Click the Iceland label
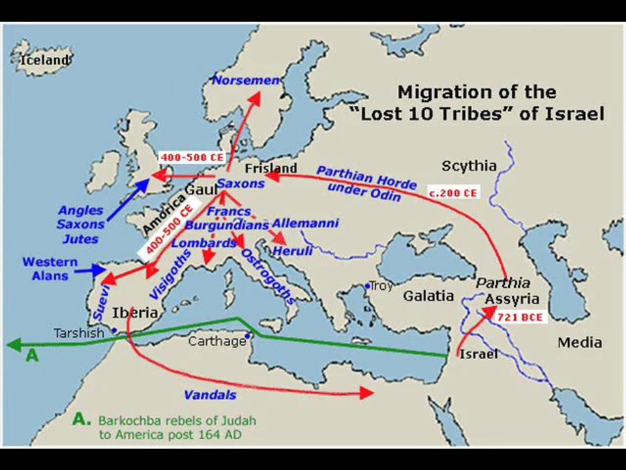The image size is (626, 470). (44, 60)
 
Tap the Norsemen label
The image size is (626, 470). (246, 80)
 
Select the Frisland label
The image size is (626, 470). (271, 168)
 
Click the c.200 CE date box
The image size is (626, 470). (453, 193)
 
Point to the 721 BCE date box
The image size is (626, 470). (520, 317)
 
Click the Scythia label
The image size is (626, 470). (469, 166)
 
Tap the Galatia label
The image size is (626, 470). (428, 296)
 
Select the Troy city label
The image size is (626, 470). (381, 286)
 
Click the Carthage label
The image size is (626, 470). (217, 341)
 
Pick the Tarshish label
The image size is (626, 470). (79, 333)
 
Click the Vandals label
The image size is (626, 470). (209, 395)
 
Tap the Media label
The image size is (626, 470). (580, 343)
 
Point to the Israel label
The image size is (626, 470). (479, 354)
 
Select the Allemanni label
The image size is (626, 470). (305, 223)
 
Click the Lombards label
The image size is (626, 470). (203, 243)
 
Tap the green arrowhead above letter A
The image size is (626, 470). (14, 345)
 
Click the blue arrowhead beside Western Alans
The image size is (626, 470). (99, 270)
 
